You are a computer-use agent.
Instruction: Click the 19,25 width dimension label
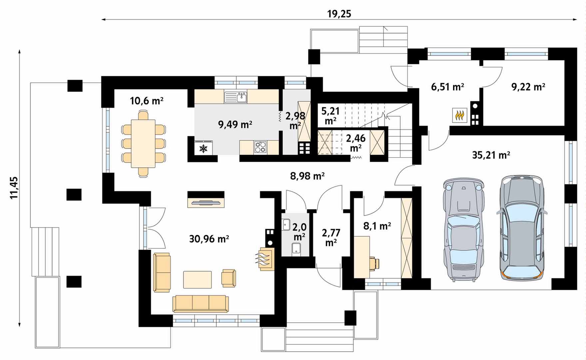[x=339, y=14]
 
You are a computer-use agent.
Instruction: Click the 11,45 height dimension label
[x=14, y=188]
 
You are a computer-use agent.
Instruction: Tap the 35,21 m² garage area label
[x=491, y=155]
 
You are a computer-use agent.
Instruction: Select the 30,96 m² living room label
[x=209, y=239]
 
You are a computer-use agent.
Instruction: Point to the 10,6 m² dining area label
[x=147, y=100]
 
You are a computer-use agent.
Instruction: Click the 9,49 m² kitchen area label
[x=235, y=124]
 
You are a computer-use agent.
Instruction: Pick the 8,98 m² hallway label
[x=307, y=176]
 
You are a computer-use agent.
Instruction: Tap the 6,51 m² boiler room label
[x=447, y=87]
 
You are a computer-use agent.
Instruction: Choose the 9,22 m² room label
[x=528, y=87]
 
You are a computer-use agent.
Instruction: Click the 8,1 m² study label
[x=377, y=226]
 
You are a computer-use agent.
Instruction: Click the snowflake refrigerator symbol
[x=203, y=148]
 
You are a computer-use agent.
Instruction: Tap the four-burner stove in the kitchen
[x=260, y=147]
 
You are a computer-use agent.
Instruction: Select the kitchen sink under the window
[x=236, y=97]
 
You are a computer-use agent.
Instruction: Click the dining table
[x=143, y=144]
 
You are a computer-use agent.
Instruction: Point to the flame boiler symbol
[x=460, y=115]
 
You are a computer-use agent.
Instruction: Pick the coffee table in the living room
[x=197, y=280]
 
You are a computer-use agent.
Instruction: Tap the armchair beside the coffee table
[x=229, y=278]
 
